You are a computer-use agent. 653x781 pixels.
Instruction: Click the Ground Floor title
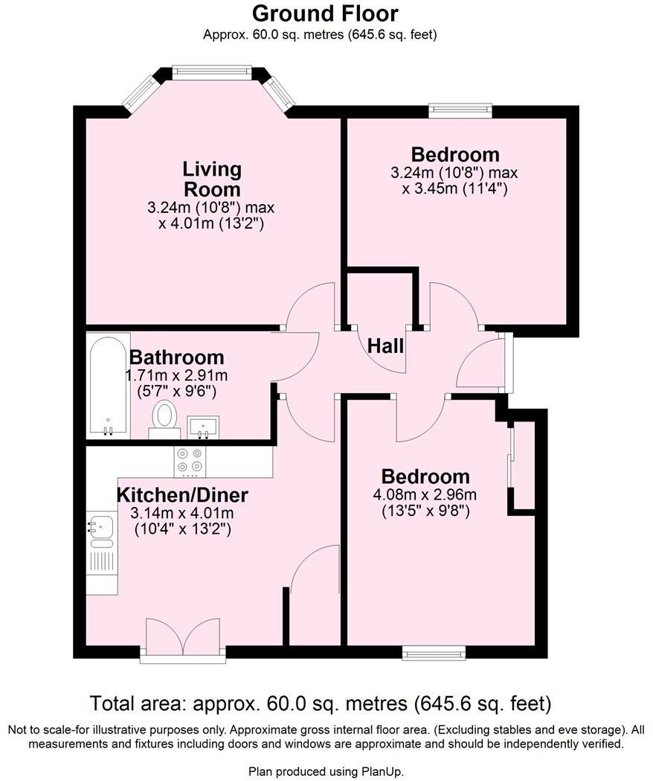coord(325,13)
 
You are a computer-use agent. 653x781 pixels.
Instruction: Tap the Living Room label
coord(213,179)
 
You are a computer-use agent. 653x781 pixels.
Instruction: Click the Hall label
coord(386,345)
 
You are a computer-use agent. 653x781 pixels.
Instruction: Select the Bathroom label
coord(176,357)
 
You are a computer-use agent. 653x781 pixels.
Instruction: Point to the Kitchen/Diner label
coord(182,495)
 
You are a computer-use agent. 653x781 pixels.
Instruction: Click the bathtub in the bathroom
coord(109,387)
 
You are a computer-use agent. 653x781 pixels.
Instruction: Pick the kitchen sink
coord(99,527)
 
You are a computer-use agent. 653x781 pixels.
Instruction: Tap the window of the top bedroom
coord(460,111)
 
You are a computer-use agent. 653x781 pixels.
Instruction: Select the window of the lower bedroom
coord(434,653)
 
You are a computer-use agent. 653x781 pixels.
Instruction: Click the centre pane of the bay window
coord(213,71)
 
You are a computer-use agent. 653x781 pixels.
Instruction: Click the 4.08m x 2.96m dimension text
coord(425,494)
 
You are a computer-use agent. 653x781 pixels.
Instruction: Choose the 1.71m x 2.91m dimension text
coord(176,375)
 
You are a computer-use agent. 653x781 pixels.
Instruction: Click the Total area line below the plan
coord(320,703)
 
